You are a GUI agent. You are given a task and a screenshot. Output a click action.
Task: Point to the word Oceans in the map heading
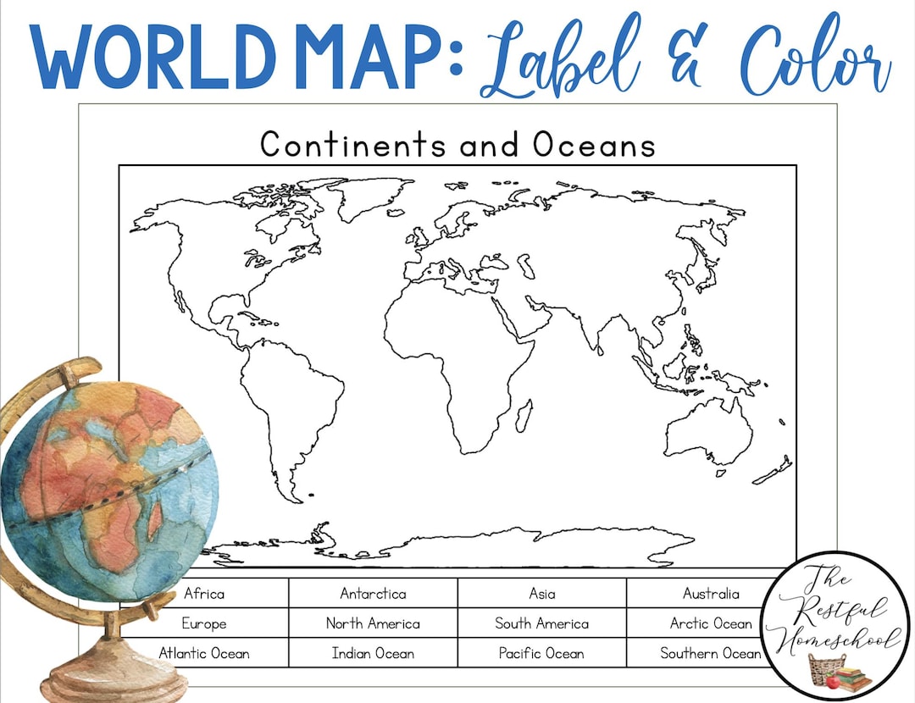pyautogui.click(x=594, y=145)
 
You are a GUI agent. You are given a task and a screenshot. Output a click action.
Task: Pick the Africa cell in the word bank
pyautogui.click(x=204, y=594)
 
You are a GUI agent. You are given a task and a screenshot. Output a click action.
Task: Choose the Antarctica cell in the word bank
pyautogui.click(x=373, y=594)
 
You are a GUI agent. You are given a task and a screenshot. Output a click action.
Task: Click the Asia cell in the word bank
pyautogui.click(x=542, y=594)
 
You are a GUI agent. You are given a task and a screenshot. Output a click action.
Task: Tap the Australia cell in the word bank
pyautogui.click(x=711, y=594)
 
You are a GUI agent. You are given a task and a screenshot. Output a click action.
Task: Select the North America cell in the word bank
pyautogui.click(x=373, y=623)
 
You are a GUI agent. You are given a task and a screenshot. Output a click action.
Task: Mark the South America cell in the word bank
pyautogui.click(x=542, y=623)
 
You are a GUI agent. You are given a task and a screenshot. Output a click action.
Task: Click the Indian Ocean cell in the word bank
pyautogui.click(x=373, y=653)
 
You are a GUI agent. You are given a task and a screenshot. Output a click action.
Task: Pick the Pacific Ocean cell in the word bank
pyautogui.click(x=542, y=653)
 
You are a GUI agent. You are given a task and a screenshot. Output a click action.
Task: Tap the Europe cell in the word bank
pyautogui.click(x=204, y=623)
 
